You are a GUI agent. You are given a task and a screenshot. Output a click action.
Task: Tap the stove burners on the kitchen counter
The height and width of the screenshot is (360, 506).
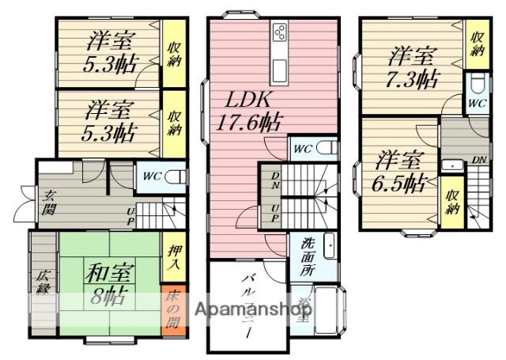coord(280,32)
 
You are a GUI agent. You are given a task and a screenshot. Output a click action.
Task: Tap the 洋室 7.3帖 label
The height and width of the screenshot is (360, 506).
coord(413,66)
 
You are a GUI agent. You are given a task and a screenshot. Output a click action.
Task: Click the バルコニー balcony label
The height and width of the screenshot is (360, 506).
coord(248,305)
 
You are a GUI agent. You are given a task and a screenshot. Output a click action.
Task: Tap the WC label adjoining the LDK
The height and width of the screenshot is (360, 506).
coord(302,149)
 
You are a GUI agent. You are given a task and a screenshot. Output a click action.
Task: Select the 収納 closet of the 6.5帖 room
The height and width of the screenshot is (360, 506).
coord(451,203)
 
